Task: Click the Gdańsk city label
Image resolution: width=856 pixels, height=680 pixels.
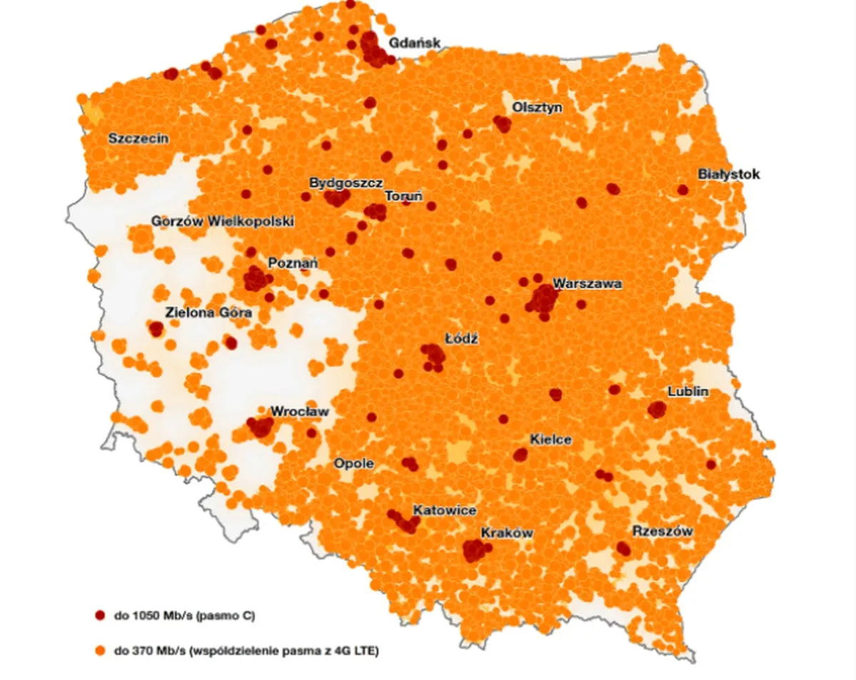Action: pos(414,44)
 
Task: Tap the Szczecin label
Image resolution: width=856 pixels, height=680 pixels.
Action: pos(139,138)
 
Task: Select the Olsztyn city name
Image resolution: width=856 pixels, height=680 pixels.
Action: pos(538,108)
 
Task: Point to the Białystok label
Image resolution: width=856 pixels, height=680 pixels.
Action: pos(719,175)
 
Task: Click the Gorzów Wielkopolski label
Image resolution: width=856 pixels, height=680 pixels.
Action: pos(223,222)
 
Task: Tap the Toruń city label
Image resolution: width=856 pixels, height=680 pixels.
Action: pos(404,196)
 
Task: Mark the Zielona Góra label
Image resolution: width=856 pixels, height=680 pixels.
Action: pos(208,313)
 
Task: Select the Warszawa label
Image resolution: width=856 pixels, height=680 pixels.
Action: pos(587,284)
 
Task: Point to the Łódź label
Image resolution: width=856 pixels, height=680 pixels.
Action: pos(460,340)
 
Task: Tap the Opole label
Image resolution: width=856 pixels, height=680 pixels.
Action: pos(354,464)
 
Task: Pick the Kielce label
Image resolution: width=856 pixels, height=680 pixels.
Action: pos(550,440)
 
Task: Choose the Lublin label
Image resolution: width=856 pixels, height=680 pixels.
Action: pos(688,392)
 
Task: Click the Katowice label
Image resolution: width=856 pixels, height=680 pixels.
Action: pos(445,511)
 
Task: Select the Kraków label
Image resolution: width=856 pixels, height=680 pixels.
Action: pos(507,533)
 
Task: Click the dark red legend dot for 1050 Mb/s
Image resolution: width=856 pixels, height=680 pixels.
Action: pos(100,614)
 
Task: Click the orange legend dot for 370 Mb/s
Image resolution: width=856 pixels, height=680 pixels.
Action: pos(100,651)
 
